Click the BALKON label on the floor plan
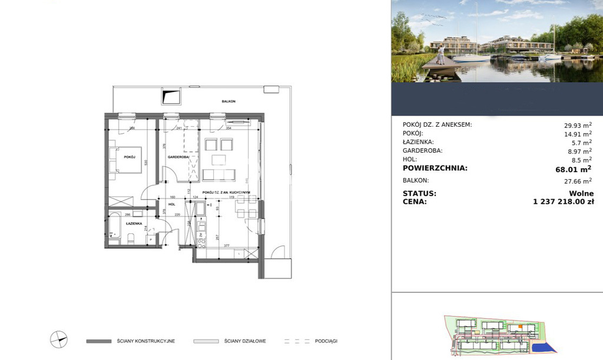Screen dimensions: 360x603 point(228,101)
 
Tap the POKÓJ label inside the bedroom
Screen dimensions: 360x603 point(130,157)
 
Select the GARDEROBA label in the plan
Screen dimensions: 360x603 point(177,157)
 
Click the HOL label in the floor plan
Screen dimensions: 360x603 point(172,204)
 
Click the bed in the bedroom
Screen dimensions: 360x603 point(125,160)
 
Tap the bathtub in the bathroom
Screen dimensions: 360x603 point(115,226)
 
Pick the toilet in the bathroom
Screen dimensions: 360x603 point(132,238)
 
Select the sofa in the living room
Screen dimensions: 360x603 point(218,175)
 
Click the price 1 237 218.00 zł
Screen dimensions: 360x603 point(563,202)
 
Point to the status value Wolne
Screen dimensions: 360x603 point(581,193)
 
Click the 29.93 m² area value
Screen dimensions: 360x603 point(578,125)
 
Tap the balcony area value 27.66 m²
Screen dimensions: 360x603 point(578,181)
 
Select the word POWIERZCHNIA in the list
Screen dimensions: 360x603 point(435,168)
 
